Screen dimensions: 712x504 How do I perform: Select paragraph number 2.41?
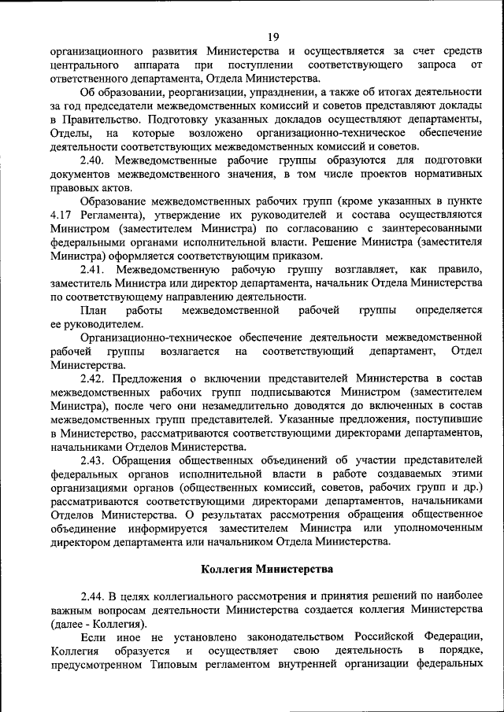(94, 269)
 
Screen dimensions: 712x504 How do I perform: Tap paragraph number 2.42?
(94, 378)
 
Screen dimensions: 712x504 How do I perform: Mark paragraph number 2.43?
(94, 459)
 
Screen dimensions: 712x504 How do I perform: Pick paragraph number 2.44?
(94, 596)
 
